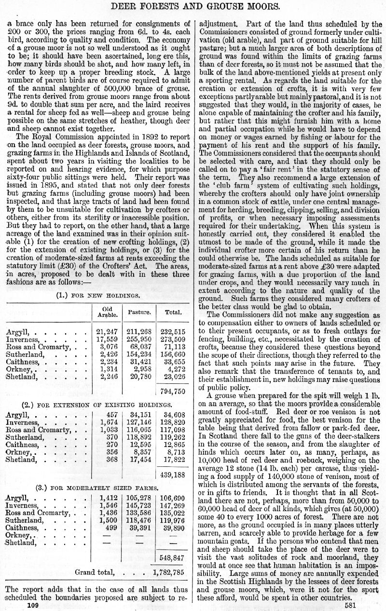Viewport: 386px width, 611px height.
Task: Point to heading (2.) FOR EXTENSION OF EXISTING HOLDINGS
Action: point(98,404)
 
